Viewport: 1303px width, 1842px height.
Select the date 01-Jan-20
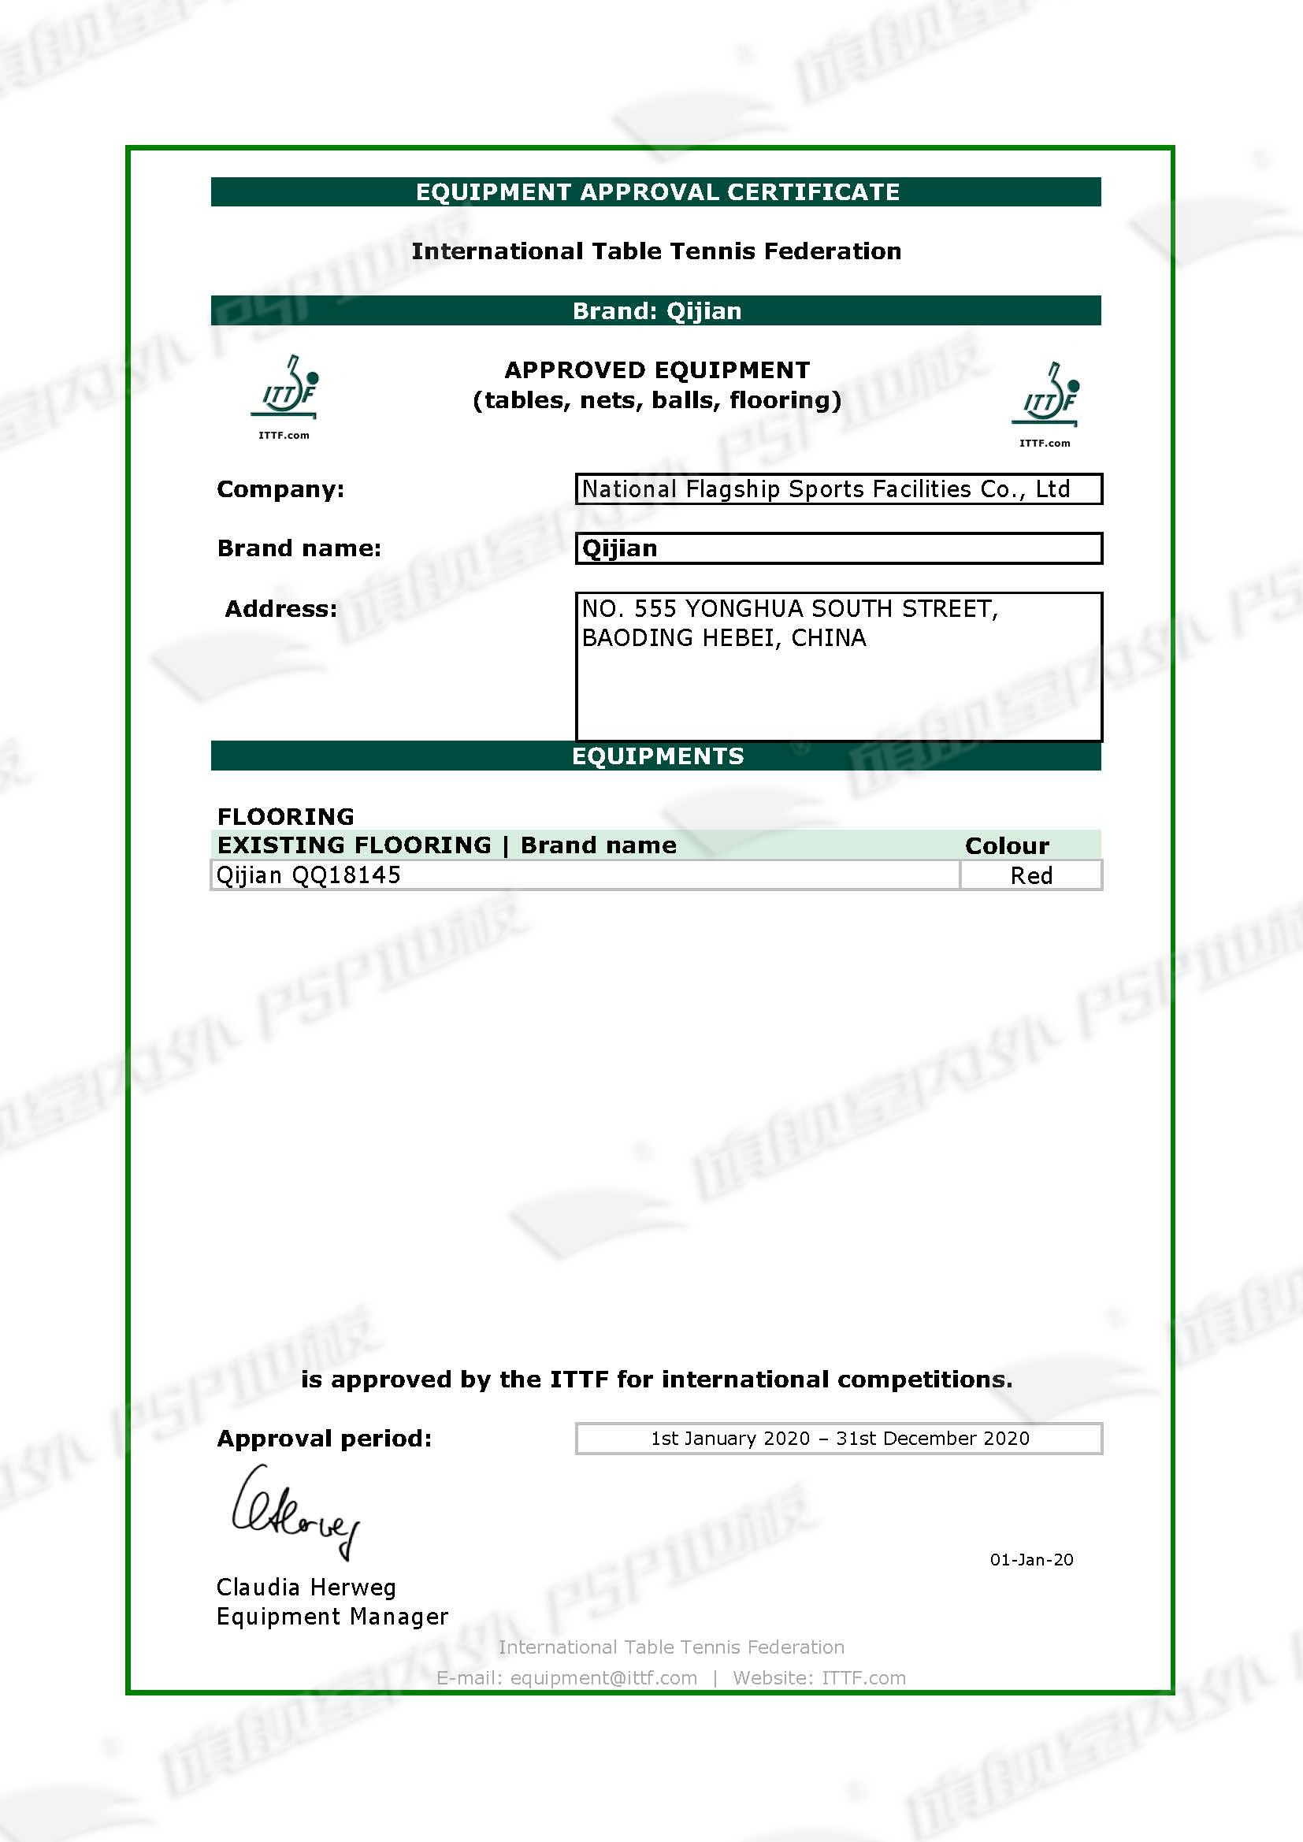1031,1559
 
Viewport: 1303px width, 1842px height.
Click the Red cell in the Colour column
1031,875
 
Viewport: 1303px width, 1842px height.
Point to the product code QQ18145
346,875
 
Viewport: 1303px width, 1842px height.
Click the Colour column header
1007,845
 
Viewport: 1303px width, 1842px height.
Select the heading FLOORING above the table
286,816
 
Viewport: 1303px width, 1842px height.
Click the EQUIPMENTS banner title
657,756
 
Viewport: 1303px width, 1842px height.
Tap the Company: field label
280,489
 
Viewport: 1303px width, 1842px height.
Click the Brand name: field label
299,548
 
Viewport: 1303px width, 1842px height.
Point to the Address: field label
280,609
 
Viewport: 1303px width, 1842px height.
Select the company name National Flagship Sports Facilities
826,488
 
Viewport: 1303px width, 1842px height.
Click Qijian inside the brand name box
619,548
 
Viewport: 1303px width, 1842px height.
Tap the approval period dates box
839,1438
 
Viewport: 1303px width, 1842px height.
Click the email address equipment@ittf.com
603,1677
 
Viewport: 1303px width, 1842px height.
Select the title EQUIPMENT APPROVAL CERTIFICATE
657,191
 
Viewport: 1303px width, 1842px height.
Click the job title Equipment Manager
332,1616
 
